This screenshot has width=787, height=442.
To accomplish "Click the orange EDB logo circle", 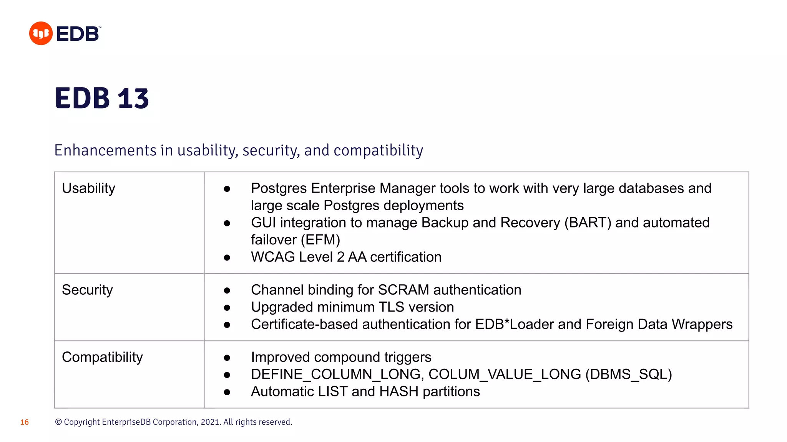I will pos(41,33).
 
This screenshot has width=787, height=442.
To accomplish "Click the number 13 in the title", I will pos(133,99).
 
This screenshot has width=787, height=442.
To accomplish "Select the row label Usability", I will pos(88,188).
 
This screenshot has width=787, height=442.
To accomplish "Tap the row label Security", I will pos(87,290).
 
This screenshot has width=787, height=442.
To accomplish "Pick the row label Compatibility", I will pos(102,357).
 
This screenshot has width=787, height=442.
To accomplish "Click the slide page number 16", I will pos(25,422).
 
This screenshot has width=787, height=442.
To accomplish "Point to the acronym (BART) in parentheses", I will pos(588,223).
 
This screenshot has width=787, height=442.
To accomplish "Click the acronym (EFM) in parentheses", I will pos(320,240).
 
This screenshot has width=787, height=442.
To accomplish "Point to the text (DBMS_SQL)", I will pos(629,374).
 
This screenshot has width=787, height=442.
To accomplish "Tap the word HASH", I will pos(398,392).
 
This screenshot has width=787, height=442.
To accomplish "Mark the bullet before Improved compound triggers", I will pos(227,358).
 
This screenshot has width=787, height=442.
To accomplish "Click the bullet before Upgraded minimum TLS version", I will pos(227,308).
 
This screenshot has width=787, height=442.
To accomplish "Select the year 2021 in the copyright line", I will pos(210,422).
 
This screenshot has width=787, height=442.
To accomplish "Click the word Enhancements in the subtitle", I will pos(105,150).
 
